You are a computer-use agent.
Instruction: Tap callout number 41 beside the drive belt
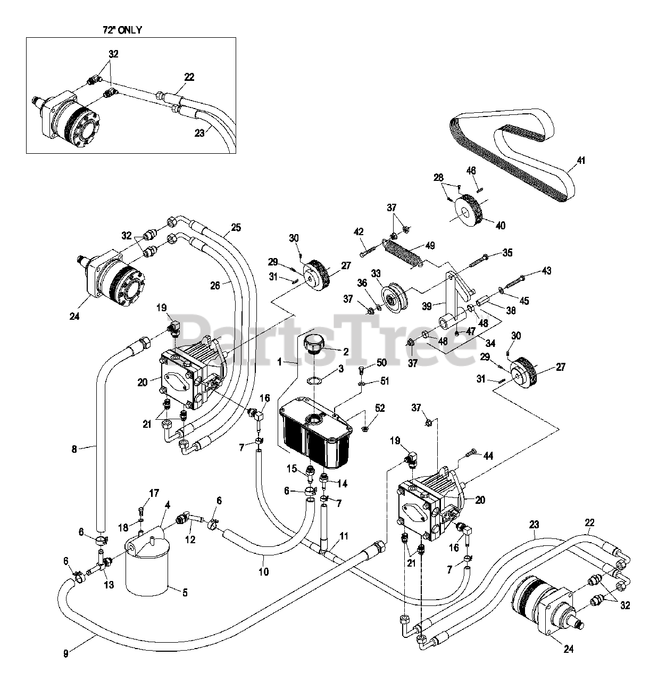(581, 160)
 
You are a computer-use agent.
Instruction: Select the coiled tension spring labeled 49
(403, 251)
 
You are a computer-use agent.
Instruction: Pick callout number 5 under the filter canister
(185, 592)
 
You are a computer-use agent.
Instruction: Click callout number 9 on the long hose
(66, 654)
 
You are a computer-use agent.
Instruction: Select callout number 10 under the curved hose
(264, 572)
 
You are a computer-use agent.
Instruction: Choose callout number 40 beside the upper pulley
(500, 225)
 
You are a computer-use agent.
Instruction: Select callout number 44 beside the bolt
(489, 456)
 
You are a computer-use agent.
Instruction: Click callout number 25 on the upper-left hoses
(236, 228)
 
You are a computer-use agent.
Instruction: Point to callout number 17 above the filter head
(154, 493)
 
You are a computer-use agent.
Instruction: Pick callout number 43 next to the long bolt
(546, 271)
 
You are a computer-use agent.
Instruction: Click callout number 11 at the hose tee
(344, 536)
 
